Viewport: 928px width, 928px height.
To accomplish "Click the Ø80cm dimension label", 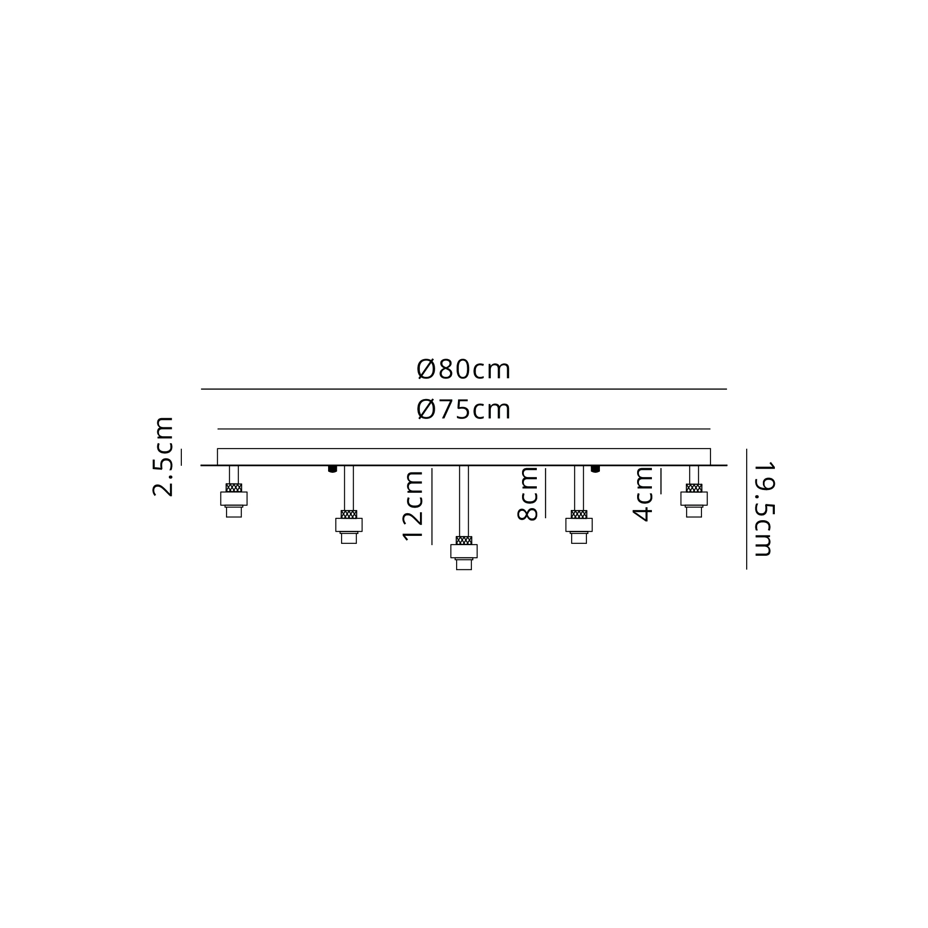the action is click(x=464, y=370).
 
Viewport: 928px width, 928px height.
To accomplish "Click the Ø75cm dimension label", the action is click(x=464, y=410).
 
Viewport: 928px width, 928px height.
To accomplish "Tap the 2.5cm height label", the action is click(x=163, y=456).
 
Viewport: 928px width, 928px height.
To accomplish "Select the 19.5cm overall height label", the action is click(x=763, y=509).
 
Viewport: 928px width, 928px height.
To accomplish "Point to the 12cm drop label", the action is click(x=413, y=506).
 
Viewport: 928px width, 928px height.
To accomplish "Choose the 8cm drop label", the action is click(x=528, y=494).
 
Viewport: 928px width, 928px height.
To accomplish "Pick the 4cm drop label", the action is click(x=643, y=494).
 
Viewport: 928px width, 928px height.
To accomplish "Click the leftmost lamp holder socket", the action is click(x=234, y=501).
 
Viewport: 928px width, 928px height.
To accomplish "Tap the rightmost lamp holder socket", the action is click(x=694, y=501).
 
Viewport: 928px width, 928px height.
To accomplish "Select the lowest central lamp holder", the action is click(x=464, y=554).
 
